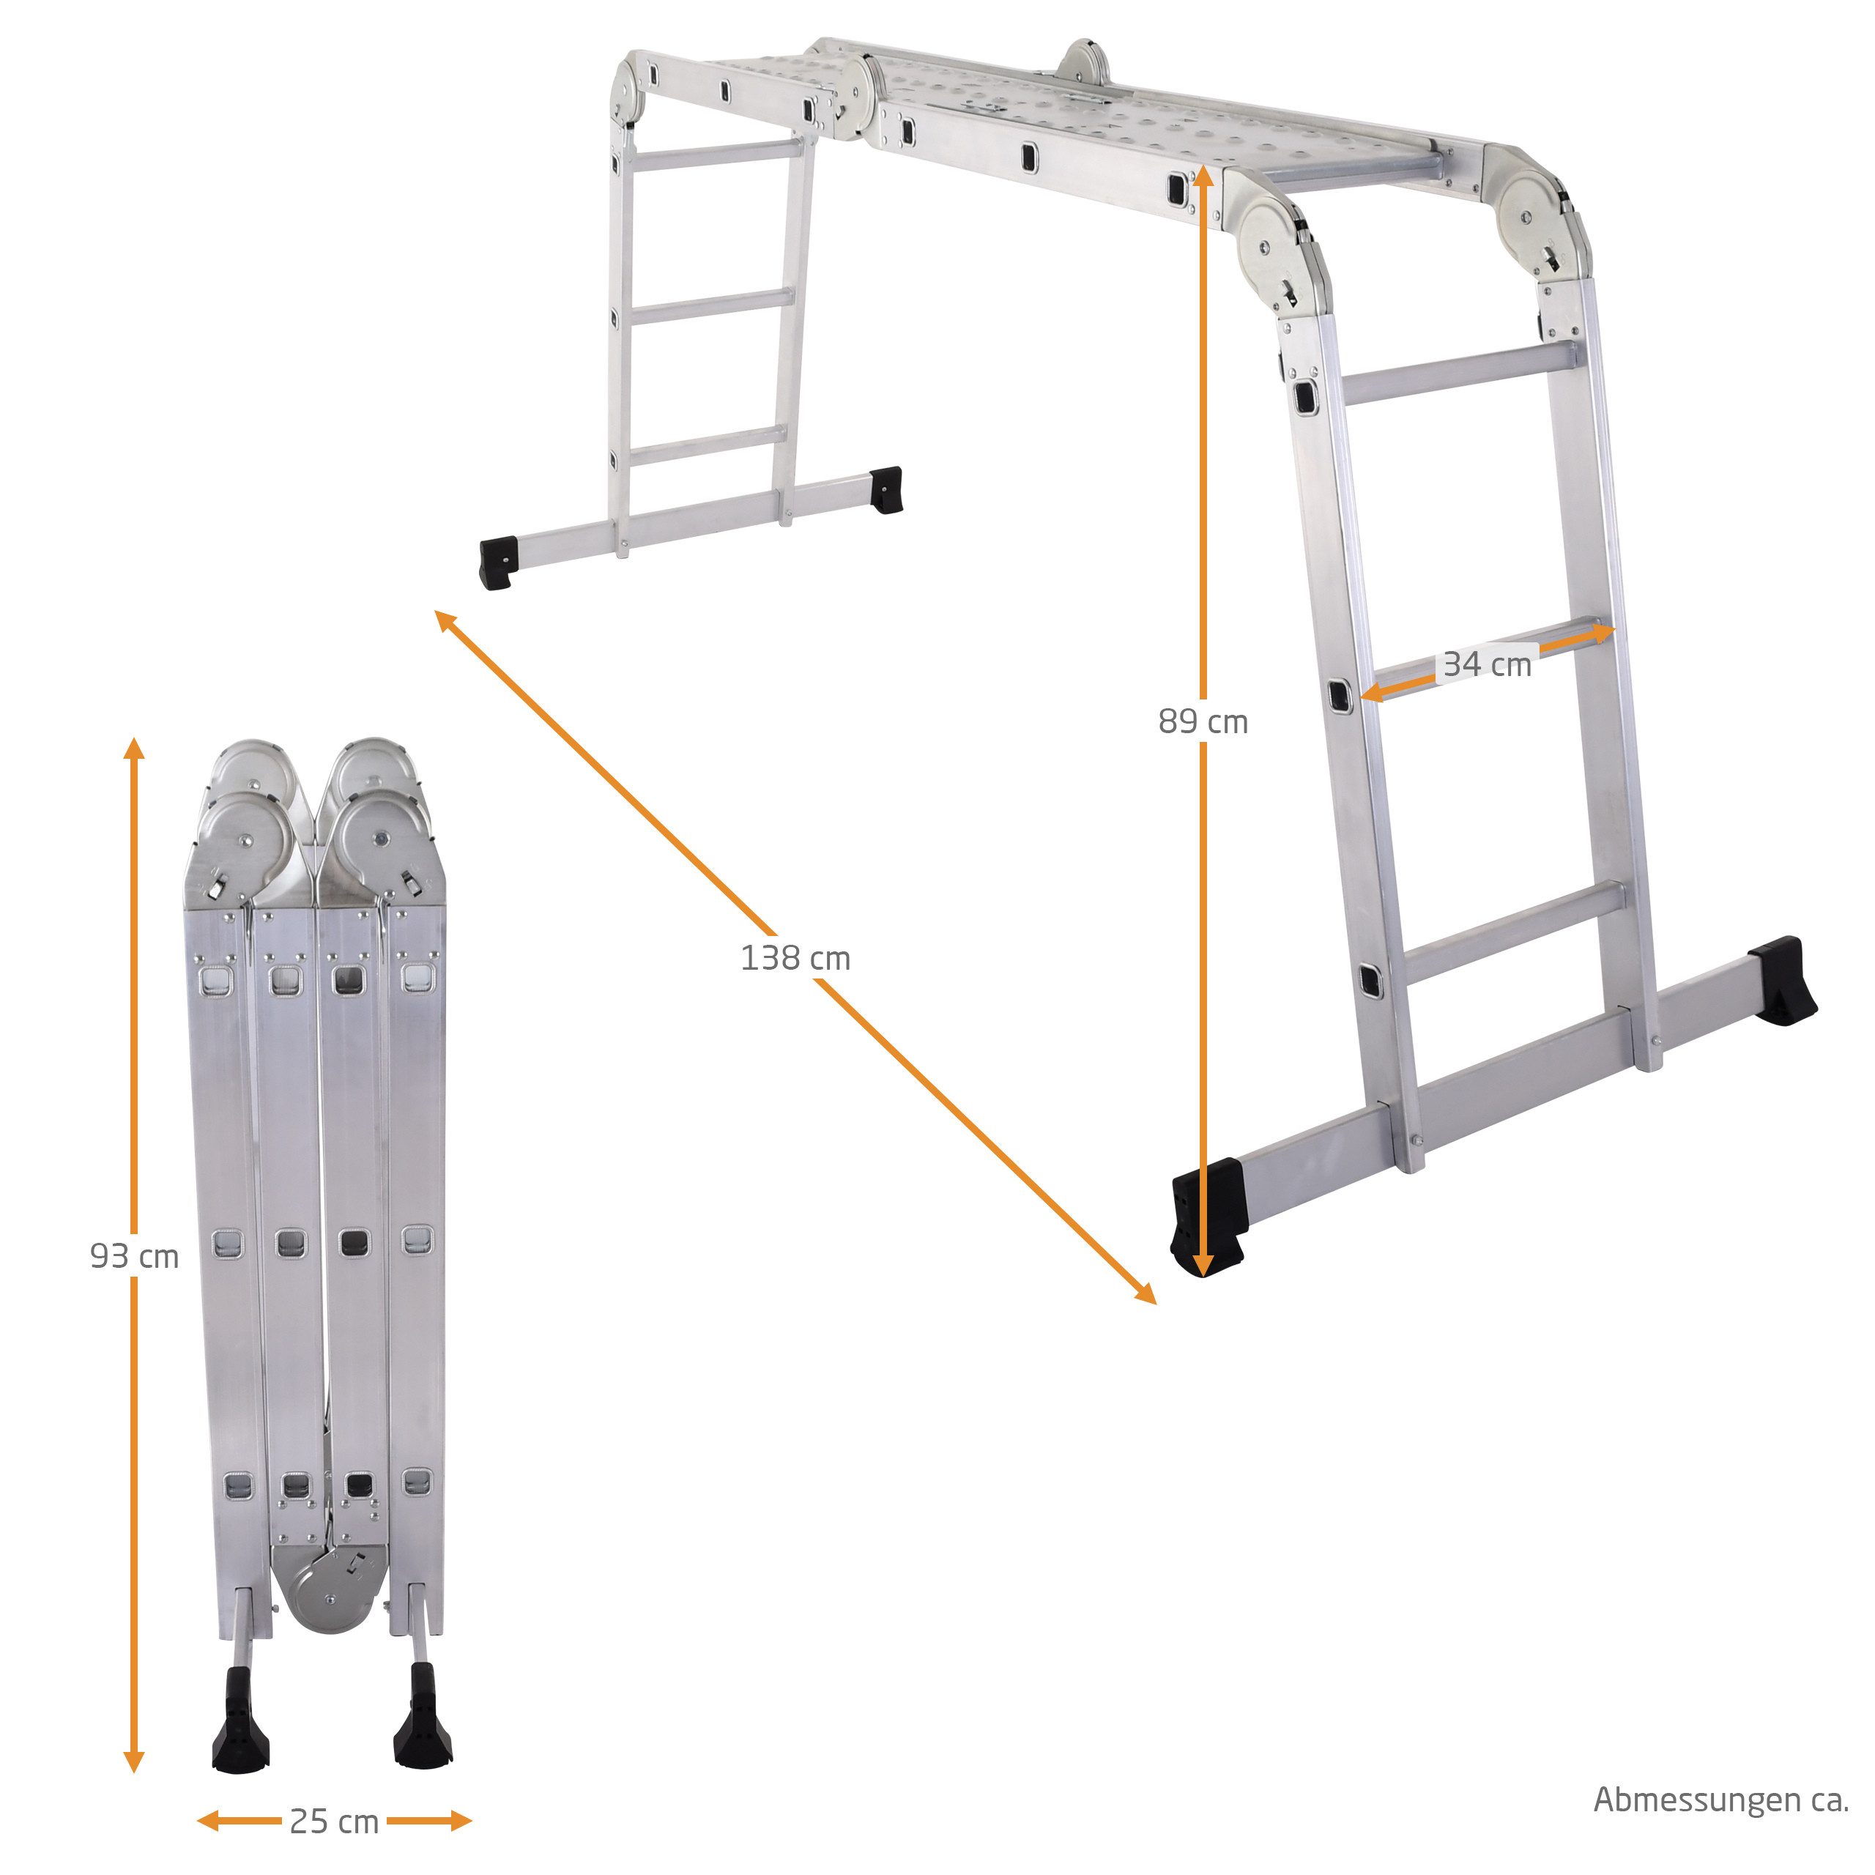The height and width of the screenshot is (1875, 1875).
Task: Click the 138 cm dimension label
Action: click(x=795, y=958)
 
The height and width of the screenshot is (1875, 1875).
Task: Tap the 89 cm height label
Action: click(x=1203, y=721)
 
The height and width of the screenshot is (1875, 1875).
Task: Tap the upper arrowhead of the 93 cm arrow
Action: click(x=135, y=746)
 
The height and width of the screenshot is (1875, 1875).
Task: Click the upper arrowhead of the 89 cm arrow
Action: click(x=1203, y=175)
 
